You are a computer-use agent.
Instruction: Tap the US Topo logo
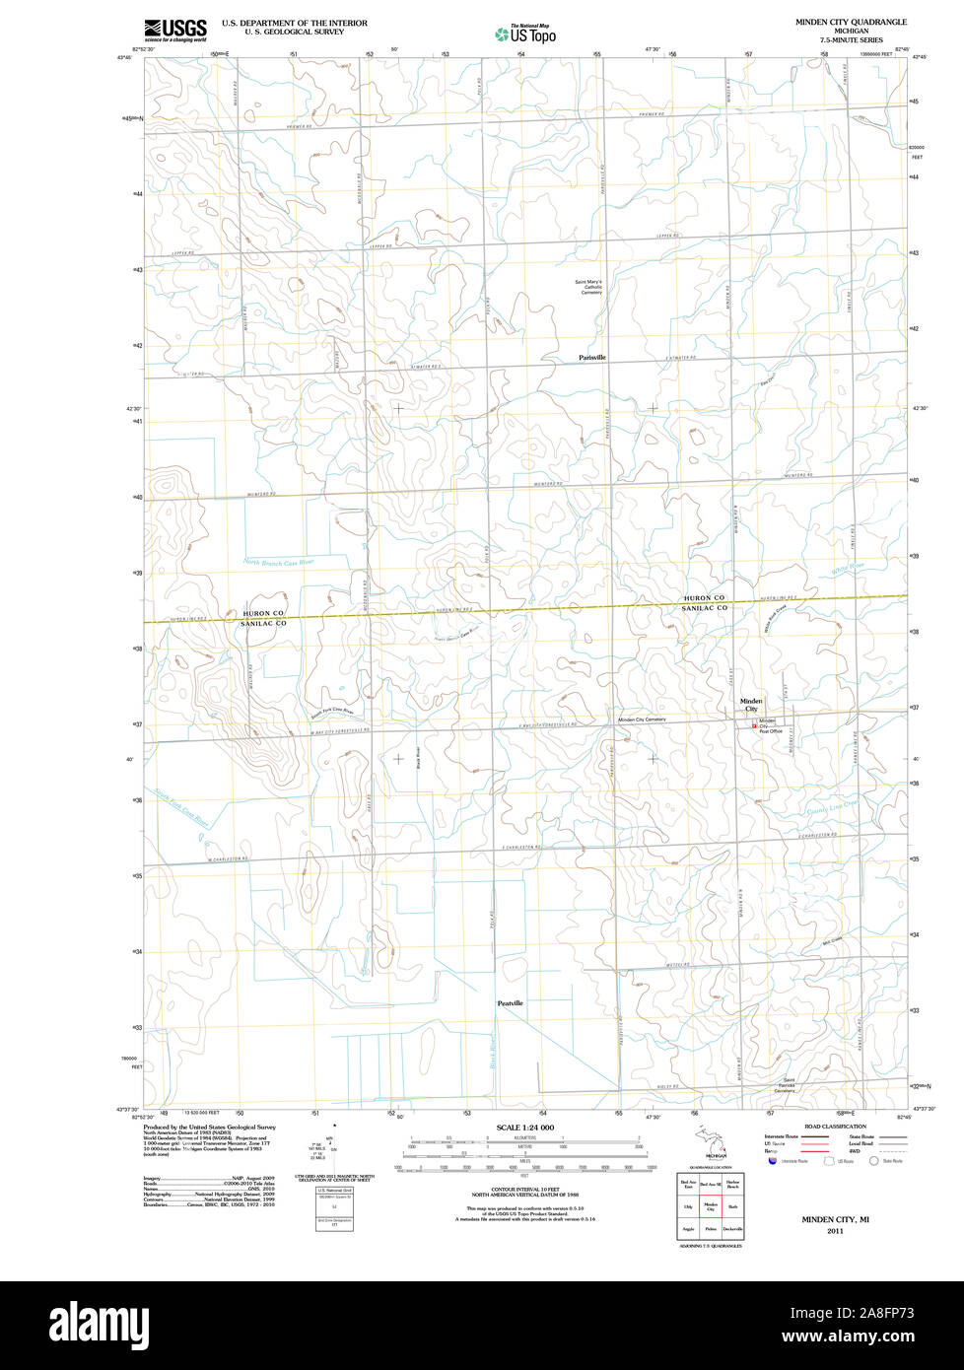[525, 34]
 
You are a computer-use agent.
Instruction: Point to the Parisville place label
[592, 357]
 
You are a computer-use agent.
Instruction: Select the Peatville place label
[510, 1002]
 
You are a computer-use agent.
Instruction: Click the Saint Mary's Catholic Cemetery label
[588, 287]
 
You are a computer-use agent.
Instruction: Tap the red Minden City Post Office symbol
[755, 726]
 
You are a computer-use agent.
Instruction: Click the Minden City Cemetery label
[642, 720]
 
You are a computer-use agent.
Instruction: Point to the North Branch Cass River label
[278, 562]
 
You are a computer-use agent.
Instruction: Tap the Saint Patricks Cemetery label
[785, 1086]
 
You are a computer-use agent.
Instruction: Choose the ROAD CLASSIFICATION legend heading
[835, 1127]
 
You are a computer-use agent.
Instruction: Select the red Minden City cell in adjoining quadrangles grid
[710, 1206]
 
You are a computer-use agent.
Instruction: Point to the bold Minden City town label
[751, 705]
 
